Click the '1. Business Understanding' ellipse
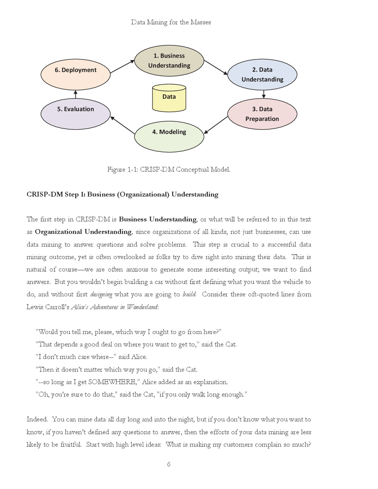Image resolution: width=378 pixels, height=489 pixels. pos(169,61)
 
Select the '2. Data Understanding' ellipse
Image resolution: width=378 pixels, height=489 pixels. pos(262,75)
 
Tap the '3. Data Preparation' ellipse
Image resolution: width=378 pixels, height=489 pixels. pos(262,114)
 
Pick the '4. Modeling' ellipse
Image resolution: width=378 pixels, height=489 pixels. pos(169,136)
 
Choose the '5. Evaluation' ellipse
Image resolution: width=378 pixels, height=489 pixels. pos(75,114)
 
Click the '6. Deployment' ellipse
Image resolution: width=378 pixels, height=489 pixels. pos(75,75)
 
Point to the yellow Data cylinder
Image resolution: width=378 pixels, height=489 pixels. pos(169,98)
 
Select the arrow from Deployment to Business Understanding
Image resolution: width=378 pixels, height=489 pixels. pos(122,66)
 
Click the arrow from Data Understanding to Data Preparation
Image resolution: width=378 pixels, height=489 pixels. pos(263,94)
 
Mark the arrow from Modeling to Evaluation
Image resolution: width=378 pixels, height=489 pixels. pos(122,125)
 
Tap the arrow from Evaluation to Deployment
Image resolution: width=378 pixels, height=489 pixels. pos(75,94)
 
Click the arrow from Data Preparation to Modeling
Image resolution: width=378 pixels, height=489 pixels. pos(216,125)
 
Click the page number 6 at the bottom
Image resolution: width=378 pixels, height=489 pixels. pos(169,464)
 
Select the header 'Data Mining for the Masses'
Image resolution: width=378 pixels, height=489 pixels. pos(171,22)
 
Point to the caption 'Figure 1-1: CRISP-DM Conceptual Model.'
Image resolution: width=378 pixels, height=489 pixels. pos(169,169)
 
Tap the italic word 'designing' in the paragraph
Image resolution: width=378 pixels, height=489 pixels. pos(101,295)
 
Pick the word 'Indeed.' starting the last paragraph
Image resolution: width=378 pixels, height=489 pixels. pos(37,419)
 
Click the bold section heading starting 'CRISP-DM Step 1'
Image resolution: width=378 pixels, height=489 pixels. pos(122,194)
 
